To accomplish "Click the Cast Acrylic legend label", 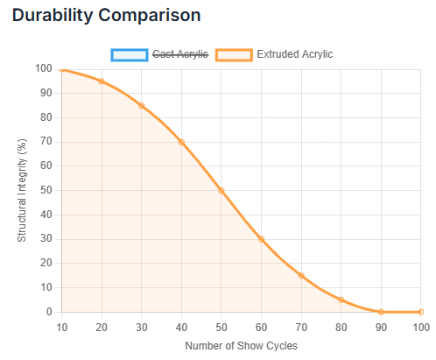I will point(180,54).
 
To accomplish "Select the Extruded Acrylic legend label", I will point(294,54).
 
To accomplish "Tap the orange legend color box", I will point(234,54).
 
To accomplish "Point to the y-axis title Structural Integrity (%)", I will point(23,190).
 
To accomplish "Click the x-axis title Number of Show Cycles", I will point(241,345).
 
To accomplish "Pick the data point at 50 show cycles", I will point(222,190).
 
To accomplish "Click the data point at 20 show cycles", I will point(102,81).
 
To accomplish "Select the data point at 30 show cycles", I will point(142,105).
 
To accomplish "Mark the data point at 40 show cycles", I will point(181,142).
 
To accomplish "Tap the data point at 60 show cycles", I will point(261,239).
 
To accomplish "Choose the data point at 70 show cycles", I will point(301,275).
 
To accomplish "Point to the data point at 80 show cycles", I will point(341,300).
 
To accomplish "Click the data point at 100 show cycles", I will point(421,312).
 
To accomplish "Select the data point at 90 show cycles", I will point(381,312).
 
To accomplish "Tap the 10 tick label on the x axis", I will point(62,327).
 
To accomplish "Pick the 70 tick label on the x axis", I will point(301,327).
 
